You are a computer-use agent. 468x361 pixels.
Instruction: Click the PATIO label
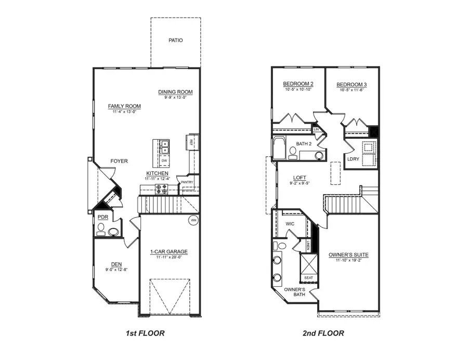coord(176,40)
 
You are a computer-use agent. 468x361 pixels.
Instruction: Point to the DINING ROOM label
coord(175,92)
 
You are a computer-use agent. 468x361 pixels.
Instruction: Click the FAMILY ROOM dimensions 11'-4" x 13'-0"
coord(124,111)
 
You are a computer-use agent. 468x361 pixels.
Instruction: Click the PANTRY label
coord(187,182)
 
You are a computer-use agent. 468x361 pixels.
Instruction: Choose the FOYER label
coord(119,161)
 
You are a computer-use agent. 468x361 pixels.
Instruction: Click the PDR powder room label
coord(102,217)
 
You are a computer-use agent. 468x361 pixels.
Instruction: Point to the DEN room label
coord(109,263)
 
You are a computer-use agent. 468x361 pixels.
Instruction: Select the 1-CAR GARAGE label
coord(168,252)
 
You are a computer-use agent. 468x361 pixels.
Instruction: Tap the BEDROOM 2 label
coord(298,84)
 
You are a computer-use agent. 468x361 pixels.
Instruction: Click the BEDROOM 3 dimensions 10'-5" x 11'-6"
coord(351,90)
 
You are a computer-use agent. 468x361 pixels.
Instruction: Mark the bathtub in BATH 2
coord(279,148)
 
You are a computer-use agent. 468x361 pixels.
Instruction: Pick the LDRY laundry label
coord(354,159)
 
